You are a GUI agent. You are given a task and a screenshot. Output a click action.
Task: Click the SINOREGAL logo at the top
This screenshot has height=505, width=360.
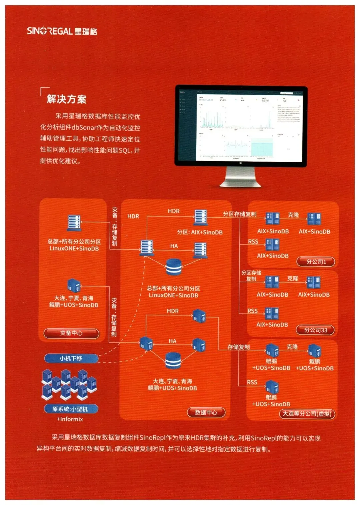(62, 31)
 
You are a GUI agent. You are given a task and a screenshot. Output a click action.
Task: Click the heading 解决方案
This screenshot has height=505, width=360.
(67, 99)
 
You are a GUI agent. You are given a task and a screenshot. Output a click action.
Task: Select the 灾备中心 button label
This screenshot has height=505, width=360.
(71, 333)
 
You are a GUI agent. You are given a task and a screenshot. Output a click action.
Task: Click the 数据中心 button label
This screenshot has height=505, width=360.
(206, 412)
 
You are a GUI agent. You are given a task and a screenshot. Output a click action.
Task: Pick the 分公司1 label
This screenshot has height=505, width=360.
(316, 262)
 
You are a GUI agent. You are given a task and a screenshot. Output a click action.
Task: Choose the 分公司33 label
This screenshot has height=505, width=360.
(315, 330)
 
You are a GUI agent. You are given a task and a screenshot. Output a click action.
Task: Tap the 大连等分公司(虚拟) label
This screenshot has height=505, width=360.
(307, 414)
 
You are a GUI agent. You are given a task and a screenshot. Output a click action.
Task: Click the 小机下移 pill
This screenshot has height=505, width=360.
(71, 358)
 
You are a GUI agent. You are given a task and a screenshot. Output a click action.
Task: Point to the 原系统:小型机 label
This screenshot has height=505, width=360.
(71, 409)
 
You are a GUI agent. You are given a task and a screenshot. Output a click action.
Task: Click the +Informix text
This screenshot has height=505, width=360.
(70, 419)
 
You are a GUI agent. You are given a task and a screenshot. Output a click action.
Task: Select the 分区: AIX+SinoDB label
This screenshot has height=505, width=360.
(200, 232)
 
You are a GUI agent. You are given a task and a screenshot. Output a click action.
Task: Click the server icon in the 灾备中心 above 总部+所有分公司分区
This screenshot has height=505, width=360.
(74, 223)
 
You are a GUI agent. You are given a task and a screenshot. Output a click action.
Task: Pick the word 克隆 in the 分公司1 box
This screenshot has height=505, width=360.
(293, 215)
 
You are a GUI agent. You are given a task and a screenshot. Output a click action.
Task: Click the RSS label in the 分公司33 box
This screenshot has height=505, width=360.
(252, 311)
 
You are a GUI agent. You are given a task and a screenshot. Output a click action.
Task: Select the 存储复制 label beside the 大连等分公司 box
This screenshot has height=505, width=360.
(238, 347)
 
